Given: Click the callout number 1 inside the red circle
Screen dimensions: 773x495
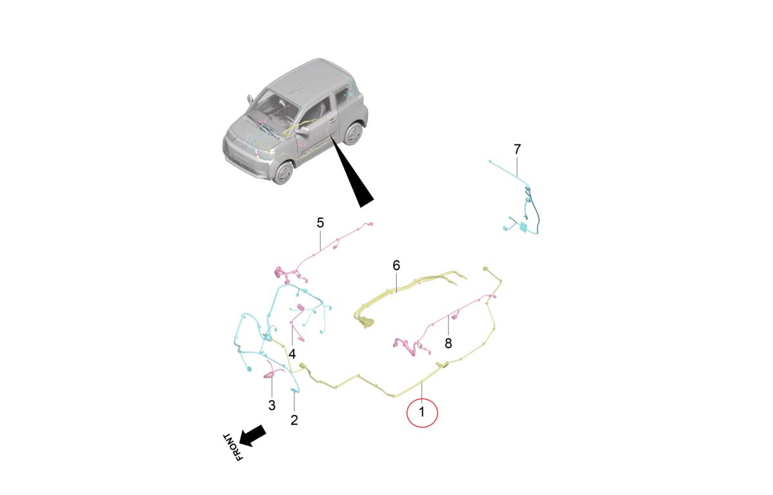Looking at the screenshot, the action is tap(421, 412).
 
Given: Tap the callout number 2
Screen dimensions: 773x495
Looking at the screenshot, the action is tap(294, 420).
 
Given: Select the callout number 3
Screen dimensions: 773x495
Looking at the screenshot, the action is tap(272, 405).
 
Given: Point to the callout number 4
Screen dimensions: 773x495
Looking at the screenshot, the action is tap(292, 354).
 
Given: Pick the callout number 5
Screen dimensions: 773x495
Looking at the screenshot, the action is tap(320, 223).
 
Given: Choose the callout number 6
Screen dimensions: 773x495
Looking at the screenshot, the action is tap(396, 266).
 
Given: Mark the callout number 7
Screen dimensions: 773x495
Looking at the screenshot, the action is tap(517, 150).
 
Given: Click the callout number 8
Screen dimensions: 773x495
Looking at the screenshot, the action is tap(448, 344).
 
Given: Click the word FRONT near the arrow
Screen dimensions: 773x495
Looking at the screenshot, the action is tap(234, 447).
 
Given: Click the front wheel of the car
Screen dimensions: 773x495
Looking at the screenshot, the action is tap(283, 173).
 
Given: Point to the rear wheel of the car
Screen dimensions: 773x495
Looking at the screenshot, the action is tap(354, 133).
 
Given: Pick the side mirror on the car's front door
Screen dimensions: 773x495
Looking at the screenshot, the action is tap(303, 131).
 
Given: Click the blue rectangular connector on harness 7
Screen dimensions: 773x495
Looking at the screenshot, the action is tap(523, 227).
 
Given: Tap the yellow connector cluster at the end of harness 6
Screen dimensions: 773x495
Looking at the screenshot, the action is tap(365, 322).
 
